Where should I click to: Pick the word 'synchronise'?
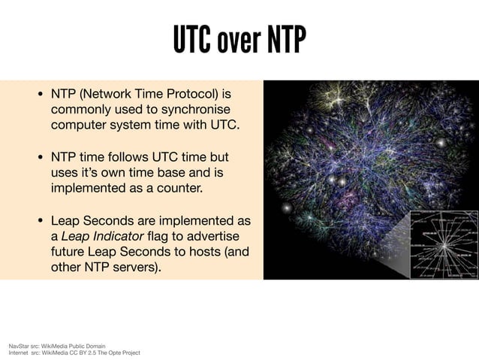pos(192,110)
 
